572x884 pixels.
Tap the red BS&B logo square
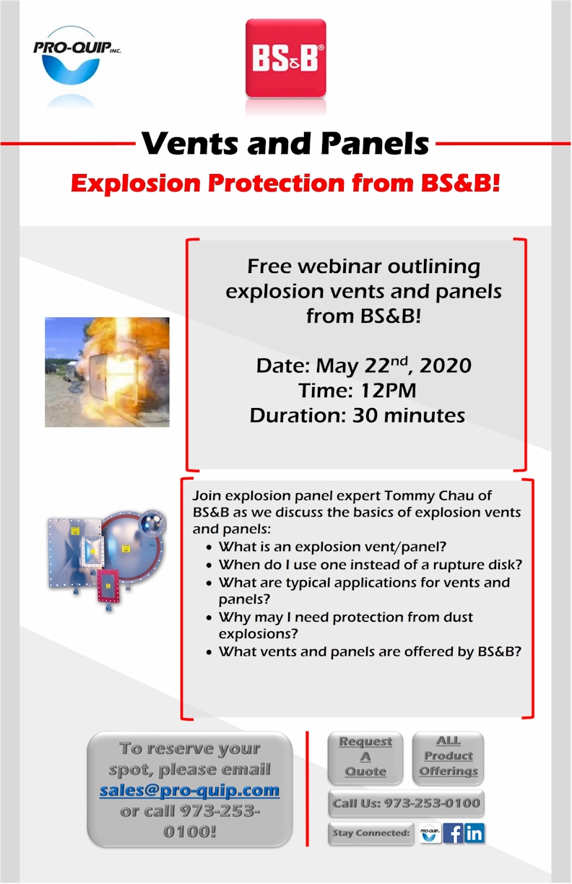pos(286,58)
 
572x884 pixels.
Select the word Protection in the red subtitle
pos(277,183)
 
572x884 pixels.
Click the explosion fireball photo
pos(107,372)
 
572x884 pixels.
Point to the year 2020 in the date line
pos(446,365)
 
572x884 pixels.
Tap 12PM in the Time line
pos(389,391)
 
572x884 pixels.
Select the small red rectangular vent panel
pos(108,585)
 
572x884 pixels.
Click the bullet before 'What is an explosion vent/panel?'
pos(209,547)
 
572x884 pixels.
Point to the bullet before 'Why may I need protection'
pos(209,617)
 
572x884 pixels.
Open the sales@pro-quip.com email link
pos(189,790)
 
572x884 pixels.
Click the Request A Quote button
pos(365,758)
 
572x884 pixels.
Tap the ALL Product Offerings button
pos(448,758)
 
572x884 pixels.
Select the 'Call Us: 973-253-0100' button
pos(406,803)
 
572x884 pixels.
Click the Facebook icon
pos(453,833)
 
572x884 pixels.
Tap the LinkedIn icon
pos(474,833)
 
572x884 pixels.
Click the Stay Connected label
pos(371,833)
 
